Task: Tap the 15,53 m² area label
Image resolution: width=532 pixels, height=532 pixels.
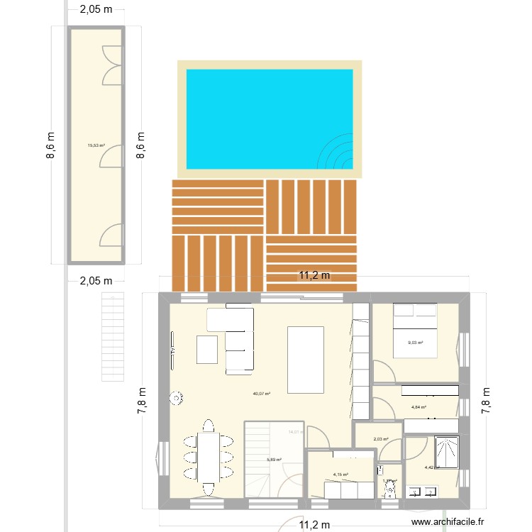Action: click(96, 146)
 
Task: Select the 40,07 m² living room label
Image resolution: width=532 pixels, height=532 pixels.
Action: click(262, 394)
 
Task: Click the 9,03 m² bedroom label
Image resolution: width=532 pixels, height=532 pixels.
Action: click(415, 343)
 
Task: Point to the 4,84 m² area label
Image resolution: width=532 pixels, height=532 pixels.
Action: click(419, 407)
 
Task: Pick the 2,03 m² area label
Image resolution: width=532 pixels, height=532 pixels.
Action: click(381, 440)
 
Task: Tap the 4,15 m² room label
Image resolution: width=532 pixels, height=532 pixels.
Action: click(341, 475)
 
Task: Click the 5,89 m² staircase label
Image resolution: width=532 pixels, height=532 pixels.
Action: click(274, 460)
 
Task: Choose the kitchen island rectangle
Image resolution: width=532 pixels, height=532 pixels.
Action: click(305, 359)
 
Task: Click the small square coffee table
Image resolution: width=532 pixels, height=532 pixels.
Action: click(207, 349)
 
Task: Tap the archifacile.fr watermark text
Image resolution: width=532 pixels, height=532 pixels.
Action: click(448, 521)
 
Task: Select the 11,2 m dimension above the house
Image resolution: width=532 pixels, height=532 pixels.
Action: click(314, 277)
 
